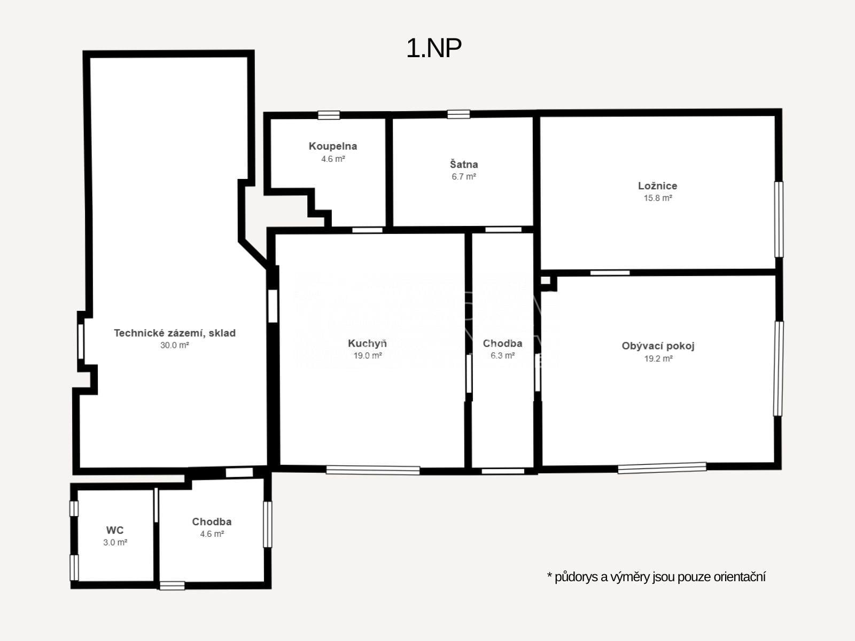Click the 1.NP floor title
click(x=434, y=49)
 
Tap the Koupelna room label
click(x=333, y=146)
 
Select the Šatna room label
click(x=463, y=164)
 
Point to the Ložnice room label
click(x=657, y=186)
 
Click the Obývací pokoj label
click(x=658, y=346)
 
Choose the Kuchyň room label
click(x=367, y=343)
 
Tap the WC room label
click(x=115, y=530)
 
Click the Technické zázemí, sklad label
click(x=175, y=333)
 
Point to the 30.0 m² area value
click(x=175, y=345)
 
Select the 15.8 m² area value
click(x=657, y=198)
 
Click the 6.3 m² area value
click(x=502, y=355)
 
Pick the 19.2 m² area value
click(x=658, y=358)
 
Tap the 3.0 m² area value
click(x=115, y=542)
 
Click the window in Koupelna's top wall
click(x=329, y=115)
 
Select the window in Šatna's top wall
click(x=458, y=114)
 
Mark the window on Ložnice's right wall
click(x=779, y=220)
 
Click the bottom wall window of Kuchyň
click(x=373, y=470)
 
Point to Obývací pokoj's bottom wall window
click(x=662, y=468)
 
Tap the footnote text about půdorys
click(x=656, y=577)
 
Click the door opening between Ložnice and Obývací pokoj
click(x=610, y=273)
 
